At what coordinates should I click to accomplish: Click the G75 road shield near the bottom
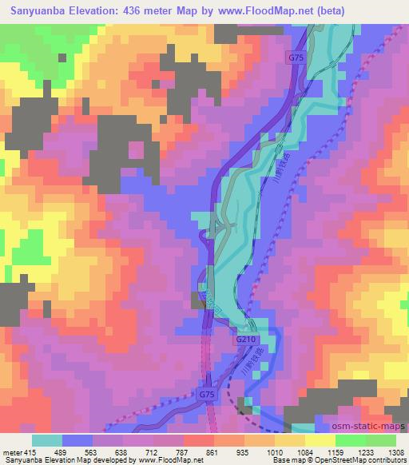point(206,395)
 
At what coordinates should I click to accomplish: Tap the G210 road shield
point(245,340)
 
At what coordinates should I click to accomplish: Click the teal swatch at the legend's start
point(47,440)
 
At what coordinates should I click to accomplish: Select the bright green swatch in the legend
point(351,440)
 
